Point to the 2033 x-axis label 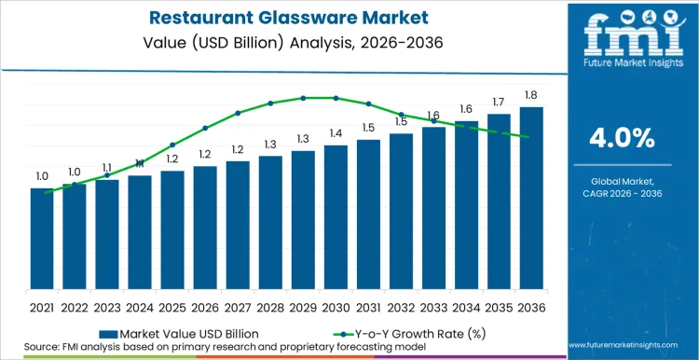433,306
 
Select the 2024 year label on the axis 140,306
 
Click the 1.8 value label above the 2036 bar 531,95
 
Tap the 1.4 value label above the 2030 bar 336,133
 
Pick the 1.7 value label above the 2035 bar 499,102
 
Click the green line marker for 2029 303,98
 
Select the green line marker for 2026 205,129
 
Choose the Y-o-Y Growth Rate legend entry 407,332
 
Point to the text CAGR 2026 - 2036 622,193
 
